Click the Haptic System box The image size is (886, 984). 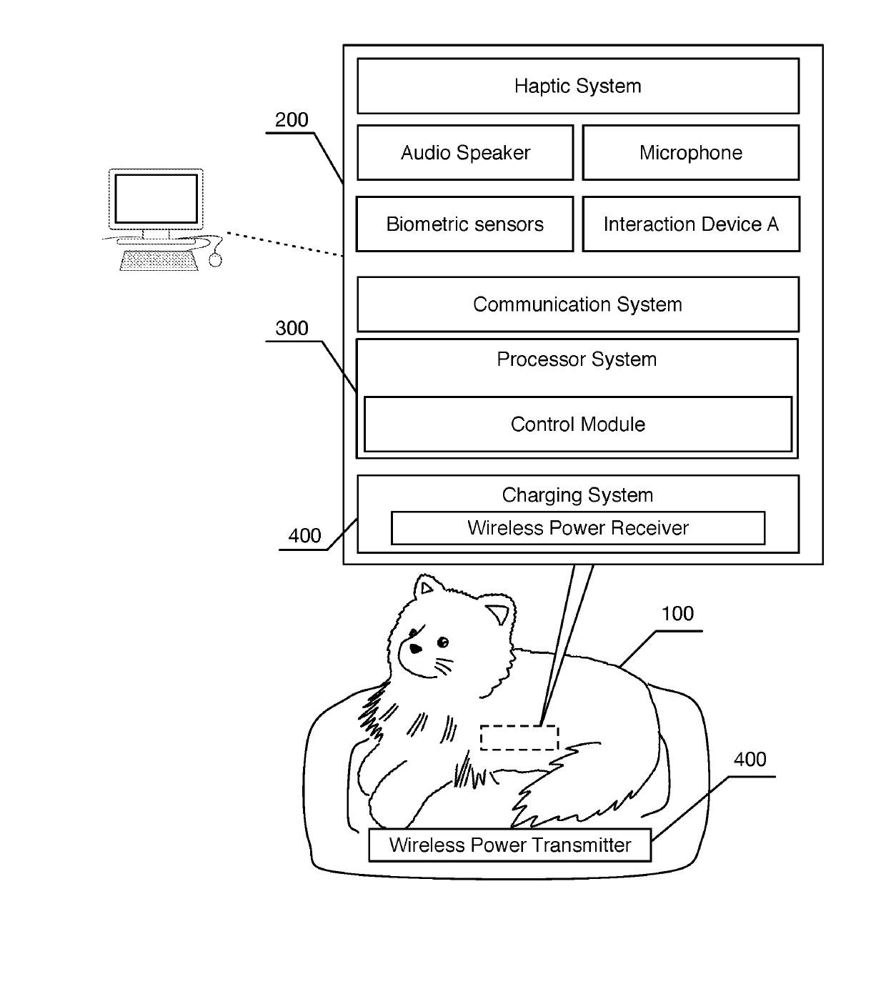pos(578,86)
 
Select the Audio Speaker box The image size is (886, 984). pos(465,152)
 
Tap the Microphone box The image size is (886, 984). pos(691,152)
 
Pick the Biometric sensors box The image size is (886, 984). pos(464,224)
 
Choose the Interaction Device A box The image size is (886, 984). pos(691,224)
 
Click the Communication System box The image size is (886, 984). pos(578,304)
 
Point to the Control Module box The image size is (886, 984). pos(578,424)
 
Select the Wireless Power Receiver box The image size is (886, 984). pos(578,528)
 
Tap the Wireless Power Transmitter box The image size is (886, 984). pos(509,845)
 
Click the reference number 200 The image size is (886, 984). pos(292,119)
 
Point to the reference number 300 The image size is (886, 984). pos(292,328)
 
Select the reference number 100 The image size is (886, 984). pos(677,614)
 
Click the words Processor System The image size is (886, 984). pos(577,359)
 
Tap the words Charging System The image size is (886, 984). pos(577,495)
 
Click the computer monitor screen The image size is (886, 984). pos(156,199)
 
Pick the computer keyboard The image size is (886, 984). pos(159,260)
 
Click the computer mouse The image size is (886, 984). pos(215,260)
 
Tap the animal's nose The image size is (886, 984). pos(415,649)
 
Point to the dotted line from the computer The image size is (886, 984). pos(284,244)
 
